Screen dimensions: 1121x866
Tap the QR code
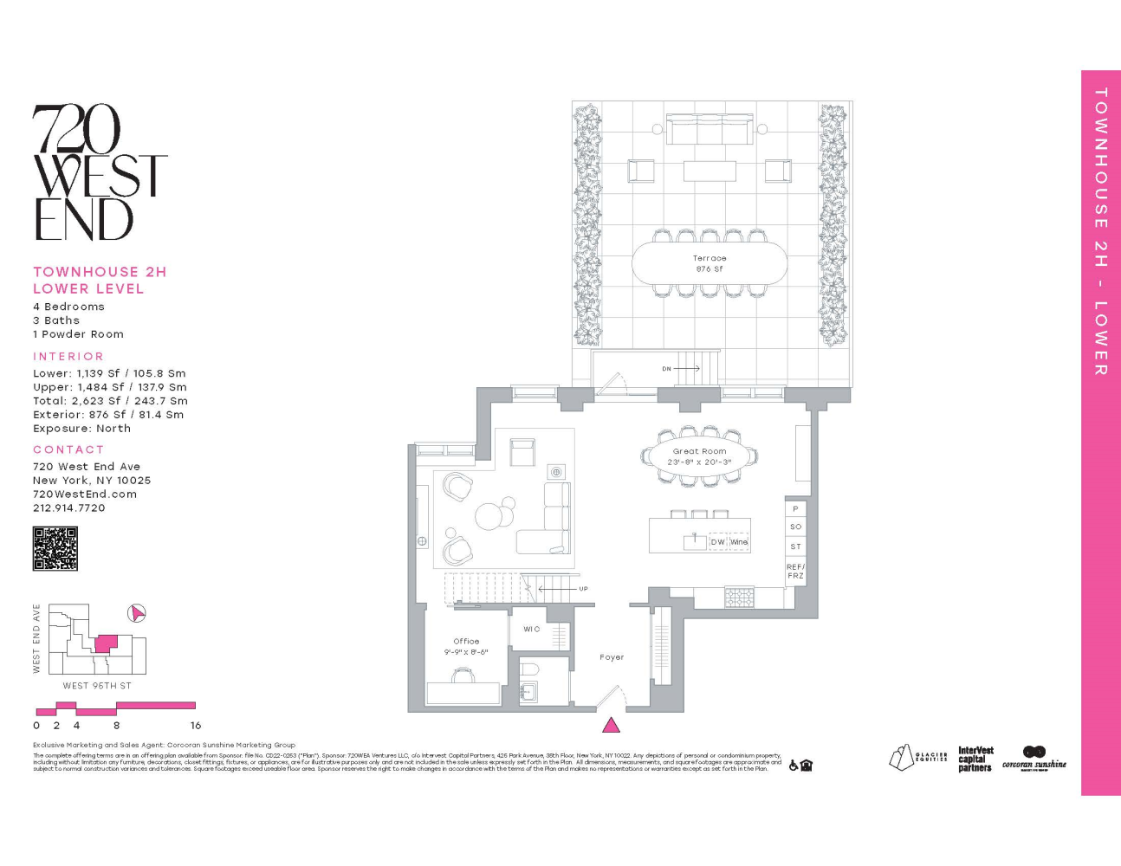click(55, 548)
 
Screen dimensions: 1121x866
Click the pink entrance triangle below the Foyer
click(611, 726)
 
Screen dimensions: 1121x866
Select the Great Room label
click(700, 451)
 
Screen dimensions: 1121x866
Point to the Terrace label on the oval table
click(710, 258)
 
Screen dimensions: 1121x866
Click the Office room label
click(466, 642)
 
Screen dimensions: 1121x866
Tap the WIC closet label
click(531, 630)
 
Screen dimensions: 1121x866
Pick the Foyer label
click(612, 657)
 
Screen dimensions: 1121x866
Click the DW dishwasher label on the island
click(717, 542)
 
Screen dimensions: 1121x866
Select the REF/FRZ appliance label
click(795, 572)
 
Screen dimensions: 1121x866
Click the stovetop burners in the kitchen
click(739, 597)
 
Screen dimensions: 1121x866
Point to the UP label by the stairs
click(583, 589)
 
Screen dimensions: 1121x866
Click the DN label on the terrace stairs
click(666, 369)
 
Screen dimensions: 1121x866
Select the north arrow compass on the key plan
click(137, 613)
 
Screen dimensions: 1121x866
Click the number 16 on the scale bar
click(196, 726)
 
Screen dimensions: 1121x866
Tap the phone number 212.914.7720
click(69, 508)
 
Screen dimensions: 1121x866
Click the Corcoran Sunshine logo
click(1034, 758)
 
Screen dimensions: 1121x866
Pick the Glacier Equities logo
click(917, 757)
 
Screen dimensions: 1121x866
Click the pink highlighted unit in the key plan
click(106, 643)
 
